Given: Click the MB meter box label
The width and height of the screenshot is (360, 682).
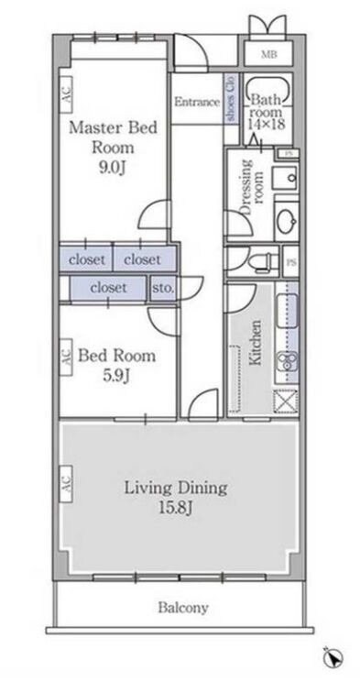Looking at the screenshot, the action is [268, 55].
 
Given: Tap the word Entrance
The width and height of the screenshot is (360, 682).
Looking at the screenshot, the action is [197, 103].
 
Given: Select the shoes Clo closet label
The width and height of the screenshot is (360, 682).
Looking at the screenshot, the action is [231, 100].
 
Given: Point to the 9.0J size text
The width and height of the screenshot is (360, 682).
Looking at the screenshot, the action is [112, 168].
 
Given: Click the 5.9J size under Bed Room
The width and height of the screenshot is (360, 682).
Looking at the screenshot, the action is [116, 375].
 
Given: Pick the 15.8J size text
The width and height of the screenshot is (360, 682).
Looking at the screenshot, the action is [176, 509].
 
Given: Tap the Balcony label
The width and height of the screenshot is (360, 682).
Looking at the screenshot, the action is [182, 607].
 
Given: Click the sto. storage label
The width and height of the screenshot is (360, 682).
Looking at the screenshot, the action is [163, 288].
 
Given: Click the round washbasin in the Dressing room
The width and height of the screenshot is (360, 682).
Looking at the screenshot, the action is [287, 220].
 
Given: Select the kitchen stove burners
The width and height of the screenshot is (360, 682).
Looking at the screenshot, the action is [288, 359].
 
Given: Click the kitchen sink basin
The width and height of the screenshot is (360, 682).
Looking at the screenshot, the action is [287, 311].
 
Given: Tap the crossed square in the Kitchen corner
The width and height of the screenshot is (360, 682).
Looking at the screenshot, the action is [285, 401].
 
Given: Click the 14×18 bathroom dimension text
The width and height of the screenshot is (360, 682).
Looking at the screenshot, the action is [267, 124].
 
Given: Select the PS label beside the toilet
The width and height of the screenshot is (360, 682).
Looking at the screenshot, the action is [290, 262].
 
